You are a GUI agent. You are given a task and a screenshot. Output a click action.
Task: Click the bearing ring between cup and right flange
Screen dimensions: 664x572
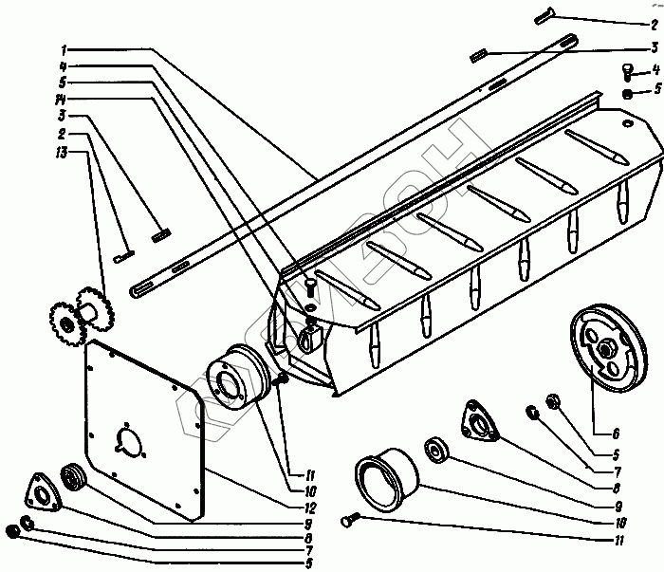coord(439,450)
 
